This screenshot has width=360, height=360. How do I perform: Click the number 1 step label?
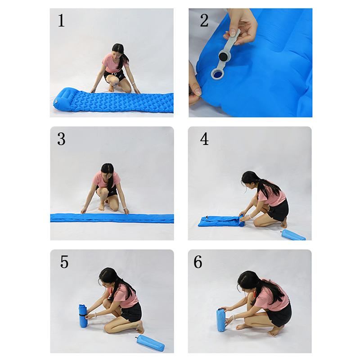(x=61, y=21)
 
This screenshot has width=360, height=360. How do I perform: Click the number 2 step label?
(x=204, y=21)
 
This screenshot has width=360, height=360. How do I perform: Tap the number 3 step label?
(x=61, y=139)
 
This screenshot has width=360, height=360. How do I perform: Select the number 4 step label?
(x=204, y=139)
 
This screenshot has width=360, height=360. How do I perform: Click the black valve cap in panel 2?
(x=223, y=56)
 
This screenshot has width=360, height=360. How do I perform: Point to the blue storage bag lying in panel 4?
(x=292, y=234)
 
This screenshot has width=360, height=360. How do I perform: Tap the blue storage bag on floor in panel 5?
(x=150, y=343)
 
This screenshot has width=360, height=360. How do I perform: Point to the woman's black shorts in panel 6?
(x=279, y=314)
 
